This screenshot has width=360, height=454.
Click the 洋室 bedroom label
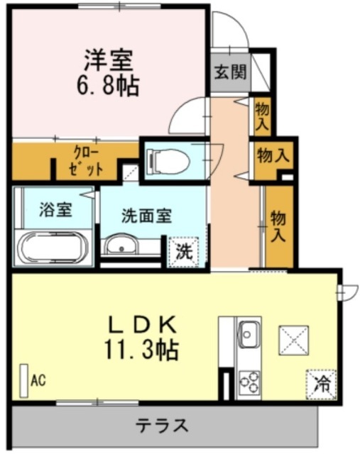109,60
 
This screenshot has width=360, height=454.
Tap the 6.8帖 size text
108,86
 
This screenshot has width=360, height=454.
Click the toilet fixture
168,160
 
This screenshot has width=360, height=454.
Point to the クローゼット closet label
86,161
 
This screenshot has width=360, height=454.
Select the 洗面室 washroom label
147,216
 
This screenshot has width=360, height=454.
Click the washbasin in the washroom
121,245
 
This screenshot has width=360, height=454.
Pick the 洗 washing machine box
184,252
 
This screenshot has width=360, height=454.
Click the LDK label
142,324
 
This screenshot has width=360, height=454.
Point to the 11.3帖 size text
141,350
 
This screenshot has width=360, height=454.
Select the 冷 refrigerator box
321,384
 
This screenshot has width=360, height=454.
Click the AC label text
38,380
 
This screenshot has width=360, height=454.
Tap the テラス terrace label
163,425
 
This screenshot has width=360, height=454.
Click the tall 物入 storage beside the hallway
280,227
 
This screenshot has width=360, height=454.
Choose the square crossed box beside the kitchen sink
294,340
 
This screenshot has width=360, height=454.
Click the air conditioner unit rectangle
23,381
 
